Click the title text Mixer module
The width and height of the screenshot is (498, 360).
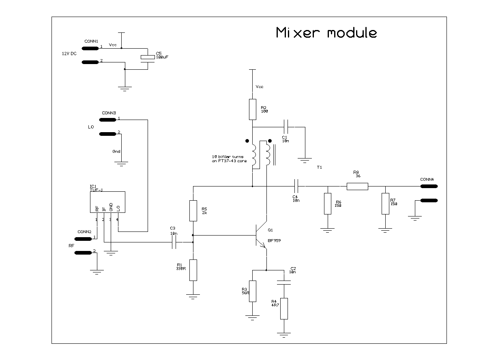(x=326, y=33)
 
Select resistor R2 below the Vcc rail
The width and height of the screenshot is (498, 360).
(x=252, y=109)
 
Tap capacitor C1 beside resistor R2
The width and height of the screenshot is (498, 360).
(x=286, y=127)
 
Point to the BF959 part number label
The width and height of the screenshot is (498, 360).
(x=274, y=240)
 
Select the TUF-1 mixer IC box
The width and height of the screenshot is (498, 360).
(x=107, y=202)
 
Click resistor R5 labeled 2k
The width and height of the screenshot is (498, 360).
(x=193, y=210)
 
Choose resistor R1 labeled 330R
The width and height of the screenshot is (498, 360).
(x=193, y=270)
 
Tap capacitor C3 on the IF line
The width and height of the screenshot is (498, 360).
(x=175, y=242)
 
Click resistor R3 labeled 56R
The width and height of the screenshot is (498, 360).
(x=253, y=291)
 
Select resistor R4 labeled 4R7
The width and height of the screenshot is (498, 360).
(x=284, y=309)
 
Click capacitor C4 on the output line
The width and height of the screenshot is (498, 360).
(x=296, y=186)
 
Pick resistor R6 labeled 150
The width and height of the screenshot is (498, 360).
(x=328, y=204)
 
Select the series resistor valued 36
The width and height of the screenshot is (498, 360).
(x=357, y=186)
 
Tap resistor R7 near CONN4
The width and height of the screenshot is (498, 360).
(x=385, y=204)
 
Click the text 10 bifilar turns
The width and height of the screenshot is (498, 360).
(x=227, y=157)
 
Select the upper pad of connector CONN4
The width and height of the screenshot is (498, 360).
(x=429, y=186)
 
